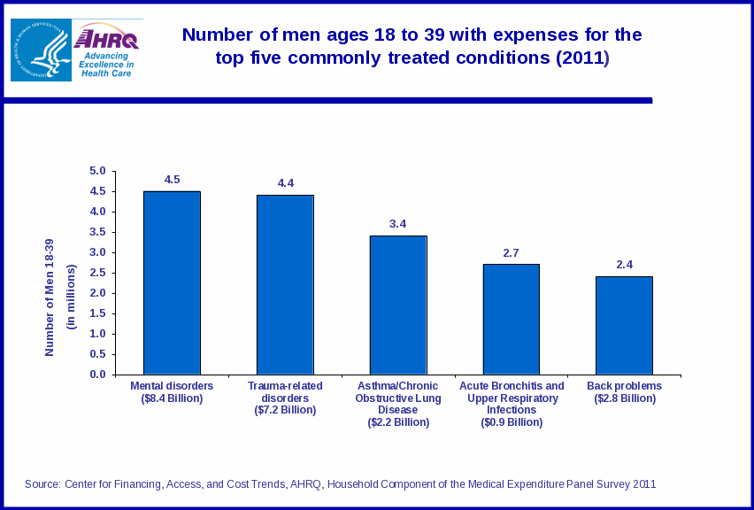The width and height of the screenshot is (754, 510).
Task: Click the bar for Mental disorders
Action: click(x=172, y=282)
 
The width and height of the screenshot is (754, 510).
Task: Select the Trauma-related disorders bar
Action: click(x=285, y=284)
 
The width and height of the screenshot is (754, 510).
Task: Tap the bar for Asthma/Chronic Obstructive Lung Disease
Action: click(x=398, y=305)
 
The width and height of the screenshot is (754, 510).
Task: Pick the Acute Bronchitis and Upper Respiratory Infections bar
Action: click(x=511, y=319)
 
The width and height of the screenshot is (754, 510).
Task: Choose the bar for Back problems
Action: click(x=624, y=325)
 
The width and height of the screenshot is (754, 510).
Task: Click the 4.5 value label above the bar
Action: click(x=172, y=180)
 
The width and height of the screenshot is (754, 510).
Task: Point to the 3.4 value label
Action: click(x=397, y=224)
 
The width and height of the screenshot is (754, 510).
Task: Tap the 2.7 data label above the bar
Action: click(x=511, y=253)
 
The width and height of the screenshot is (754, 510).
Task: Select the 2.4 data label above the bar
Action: click(x=624, y=265)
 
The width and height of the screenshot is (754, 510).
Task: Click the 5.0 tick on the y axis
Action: click(x=97, y=171)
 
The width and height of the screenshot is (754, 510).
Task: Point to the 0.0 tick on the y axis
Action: click(x=97, y=375)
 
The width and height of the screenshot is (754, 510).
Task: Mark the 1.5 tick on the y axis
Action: click(x=97, y=313)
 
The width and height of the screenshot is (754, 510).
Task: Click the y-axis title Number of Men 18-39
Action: click(x=50, y=297)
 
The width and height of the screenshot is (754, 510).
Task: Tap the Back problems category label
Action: click(x=624, y=386)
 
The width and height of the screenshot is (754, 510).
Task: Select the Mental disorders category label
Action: click(x=172, y=386)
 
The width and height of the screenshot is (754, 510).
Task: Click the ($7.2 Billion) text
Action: click(x=285, y=411)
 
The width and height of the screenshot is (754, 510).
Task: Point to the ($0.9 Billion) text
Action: click(x=512, y=423)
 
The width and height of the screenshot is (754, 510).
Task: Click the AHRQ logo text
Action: click(x=107, y=40)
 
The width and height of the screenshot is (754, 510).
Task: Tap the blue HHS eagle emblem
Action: click(x=41, y=50)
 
